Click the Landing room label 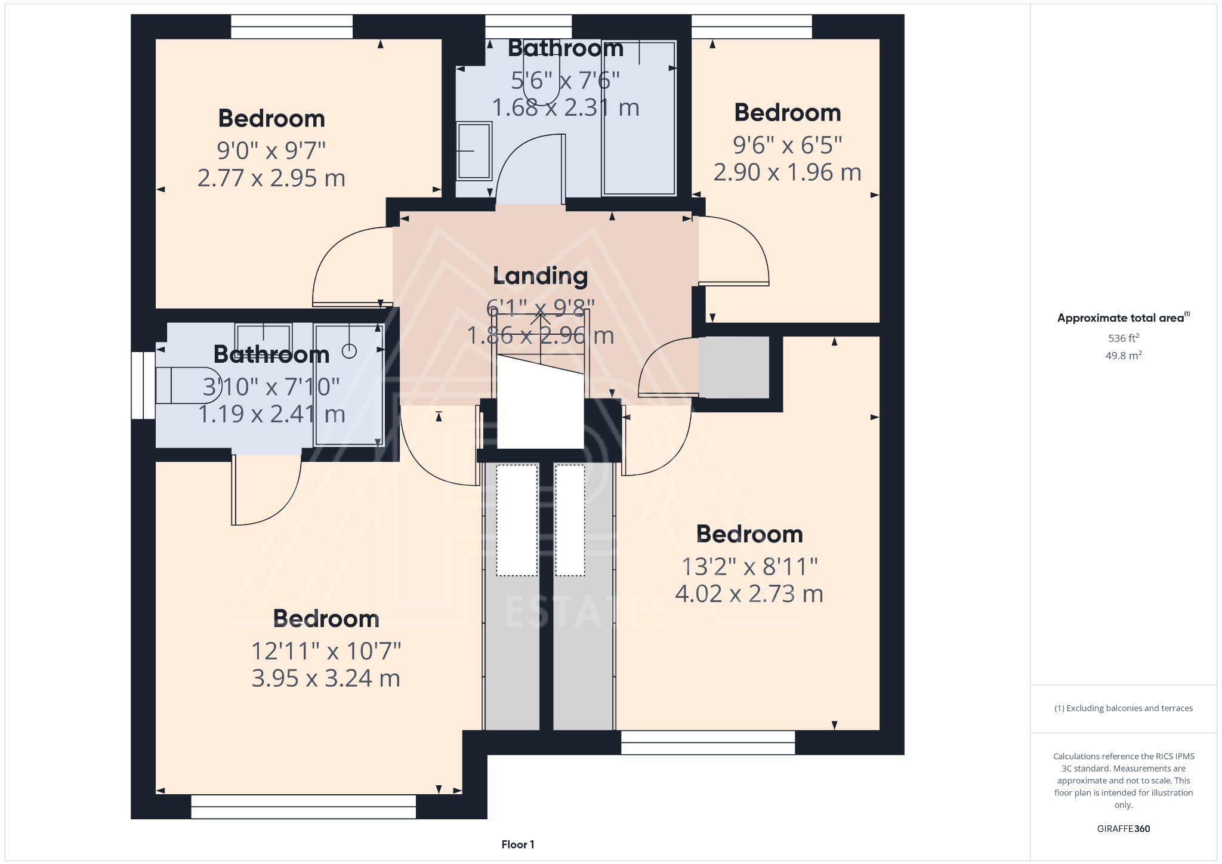[x=540, y=276]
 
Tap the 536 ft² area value [x=1123, y=338]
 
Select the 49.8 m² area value [x=1123, y=356]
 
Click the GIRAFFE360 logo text [x=1123, y=828]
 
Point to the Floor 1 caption [x=517, y=844]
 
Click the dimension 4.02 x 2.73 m [x=749, y=594]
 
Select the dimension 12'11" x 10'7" [x=326, y=650]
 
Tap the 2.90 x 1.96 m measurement [x=787, y=172]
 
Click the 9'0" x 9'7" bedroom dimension [x=271, y=150]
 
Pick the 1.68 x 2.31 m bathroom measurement [x=565, y=108]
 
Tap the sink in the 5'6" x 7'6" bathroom [x=474, y=151]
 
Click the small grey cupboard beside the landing [x=733, y=368]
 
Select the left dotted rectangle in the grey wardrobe [x=517, y=520]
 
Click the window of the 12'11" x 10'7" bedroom [x=303, y=806]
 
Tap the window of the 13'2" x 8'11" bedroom [x=708, y=743]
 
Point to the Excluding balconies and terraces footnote [x=1123, y=708]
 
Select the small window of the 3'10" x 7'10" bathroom [x=143, y=385]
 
